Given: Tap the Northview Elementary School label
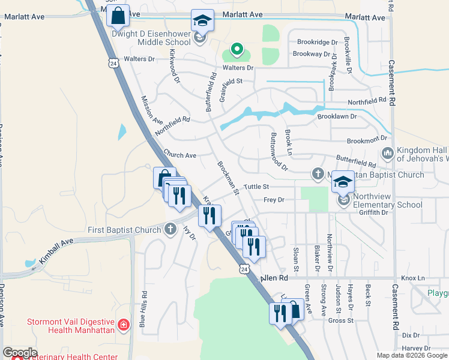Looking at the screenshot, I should coord(388,200).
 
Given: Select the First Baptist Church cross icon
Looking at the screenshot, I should coord(170,229).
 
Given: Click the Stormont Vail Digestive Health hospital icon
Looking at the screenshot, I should coord(124,325).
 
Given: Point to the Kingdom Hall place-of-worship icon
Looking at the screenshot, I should coord(387,154).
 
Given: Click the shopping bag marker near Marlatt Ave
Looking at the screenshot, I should coord(118,16).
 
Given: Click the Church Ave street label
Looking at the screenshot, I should coord(180,155).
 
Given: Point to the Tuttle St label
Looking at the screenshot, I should coord(255,187).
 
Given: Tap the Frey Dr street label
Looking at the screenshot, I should coord(273,200).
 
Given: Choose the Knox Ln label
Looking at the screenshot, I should coord(412,278).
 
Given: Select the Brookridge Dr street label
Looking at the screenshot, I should coord(318,42).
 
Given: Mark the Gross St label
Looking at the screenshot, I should coord(340,320).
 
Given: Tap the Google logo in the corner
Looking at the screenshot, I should coord(20,353).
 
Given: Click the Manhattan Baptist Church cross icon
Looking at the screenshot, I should coord(319,175).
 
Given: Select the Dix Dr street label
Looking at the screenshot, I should coord(411,335).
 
